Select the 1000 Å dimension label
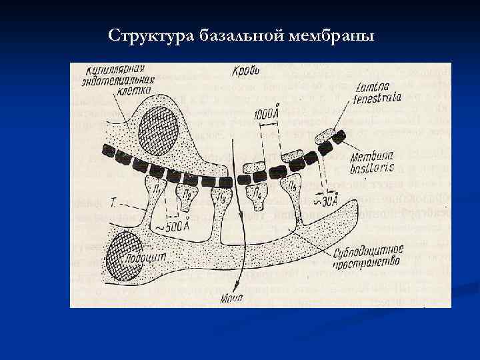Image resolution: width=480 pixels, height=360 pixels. point(267,114)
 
